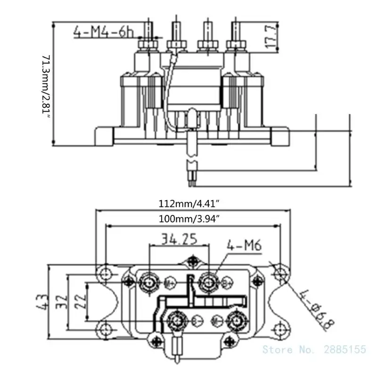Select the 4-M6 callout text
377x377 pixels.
pos(244,245)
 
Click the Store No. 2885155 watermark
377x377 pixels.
pos(314,349)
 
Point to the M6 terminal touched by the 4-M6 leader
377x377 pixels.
pos(208,281)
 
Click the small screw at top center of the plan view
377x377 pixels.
pos(192,260)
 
